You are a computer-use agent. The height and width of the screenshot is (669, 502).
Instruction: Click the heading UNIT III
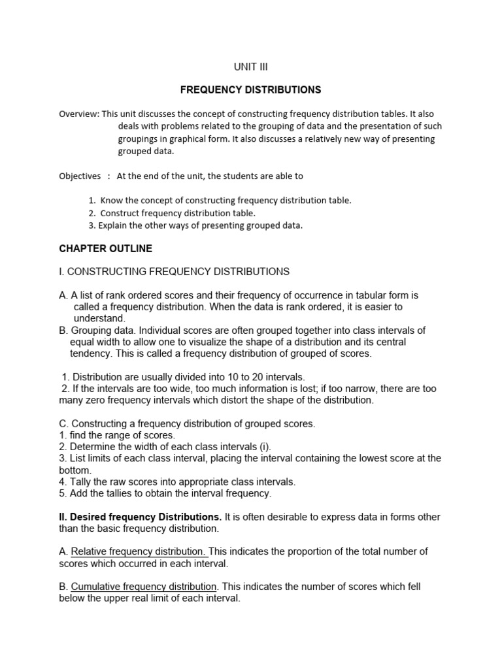[x=251, y=67]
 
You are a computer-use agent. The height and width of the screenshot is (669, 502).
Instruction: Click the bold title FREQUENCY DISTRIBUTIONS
[x=250, y=89]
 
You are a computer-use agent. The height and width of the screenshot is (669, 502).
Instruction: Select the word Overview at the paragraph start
[x=78, y=114]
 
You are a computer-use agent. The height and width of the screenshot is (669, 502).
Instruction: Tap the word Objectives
[x=80, y=176]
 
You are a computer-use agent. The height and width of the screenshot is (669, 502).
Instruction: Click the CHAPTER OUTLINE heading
[x=105, y=248]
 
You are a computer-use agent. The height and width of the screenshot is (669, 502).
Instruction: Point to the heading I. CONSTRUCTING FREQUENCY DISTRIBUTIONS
[x=174, y=271]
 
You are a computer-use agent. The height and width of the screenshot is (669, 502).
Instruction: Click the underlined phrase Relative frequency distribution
[x=139, y=551]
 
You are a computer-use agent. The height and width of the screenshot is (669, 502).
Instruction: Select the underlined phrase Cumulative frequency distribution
[x=143, y=586]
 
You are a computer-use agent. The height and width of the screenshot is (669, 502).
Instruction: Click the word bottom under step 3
[x=73, y=470]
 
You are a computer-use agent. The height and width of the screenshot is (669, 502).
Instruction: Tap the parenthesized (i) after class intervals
[x=265, y=446]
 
